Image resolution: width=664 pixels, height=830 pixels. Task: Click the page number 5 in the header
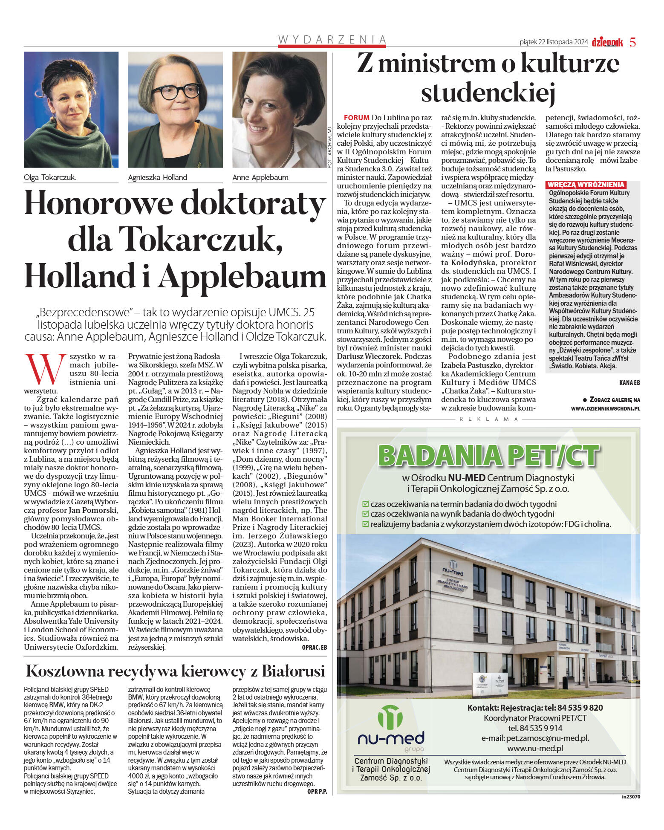[x=632, y=42]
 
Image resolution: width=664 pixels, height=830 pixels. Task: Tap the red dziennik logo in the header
[x=607, y=42]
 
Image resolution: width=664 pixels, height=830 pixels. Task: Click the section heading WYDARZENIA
[x=332, y=39]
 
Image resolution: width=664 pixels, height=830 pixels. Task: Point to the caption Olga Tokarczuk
[x=50, y=177]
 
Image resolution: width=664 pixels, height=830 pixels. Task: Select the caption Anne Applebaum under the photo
[x=260, y=177]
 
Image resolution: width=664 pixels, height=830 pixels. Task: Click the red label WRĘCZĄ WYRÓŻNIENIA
[x=586, y=185]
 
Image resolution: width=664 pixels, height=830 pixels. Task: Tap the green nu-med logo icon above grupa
[x=390, y=717]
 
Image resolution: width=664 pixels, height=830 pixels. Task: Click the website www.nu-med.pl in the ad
[x=535, y=748]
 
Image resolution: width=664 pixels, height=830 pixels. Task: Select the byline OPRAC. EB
[x=314, y=647]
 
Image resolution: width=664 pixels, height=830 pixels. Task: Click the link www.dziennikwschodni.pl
[x=605, y=408]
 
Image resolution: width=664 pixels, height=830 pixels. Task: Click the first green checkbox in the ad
[x=365, y=504]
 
